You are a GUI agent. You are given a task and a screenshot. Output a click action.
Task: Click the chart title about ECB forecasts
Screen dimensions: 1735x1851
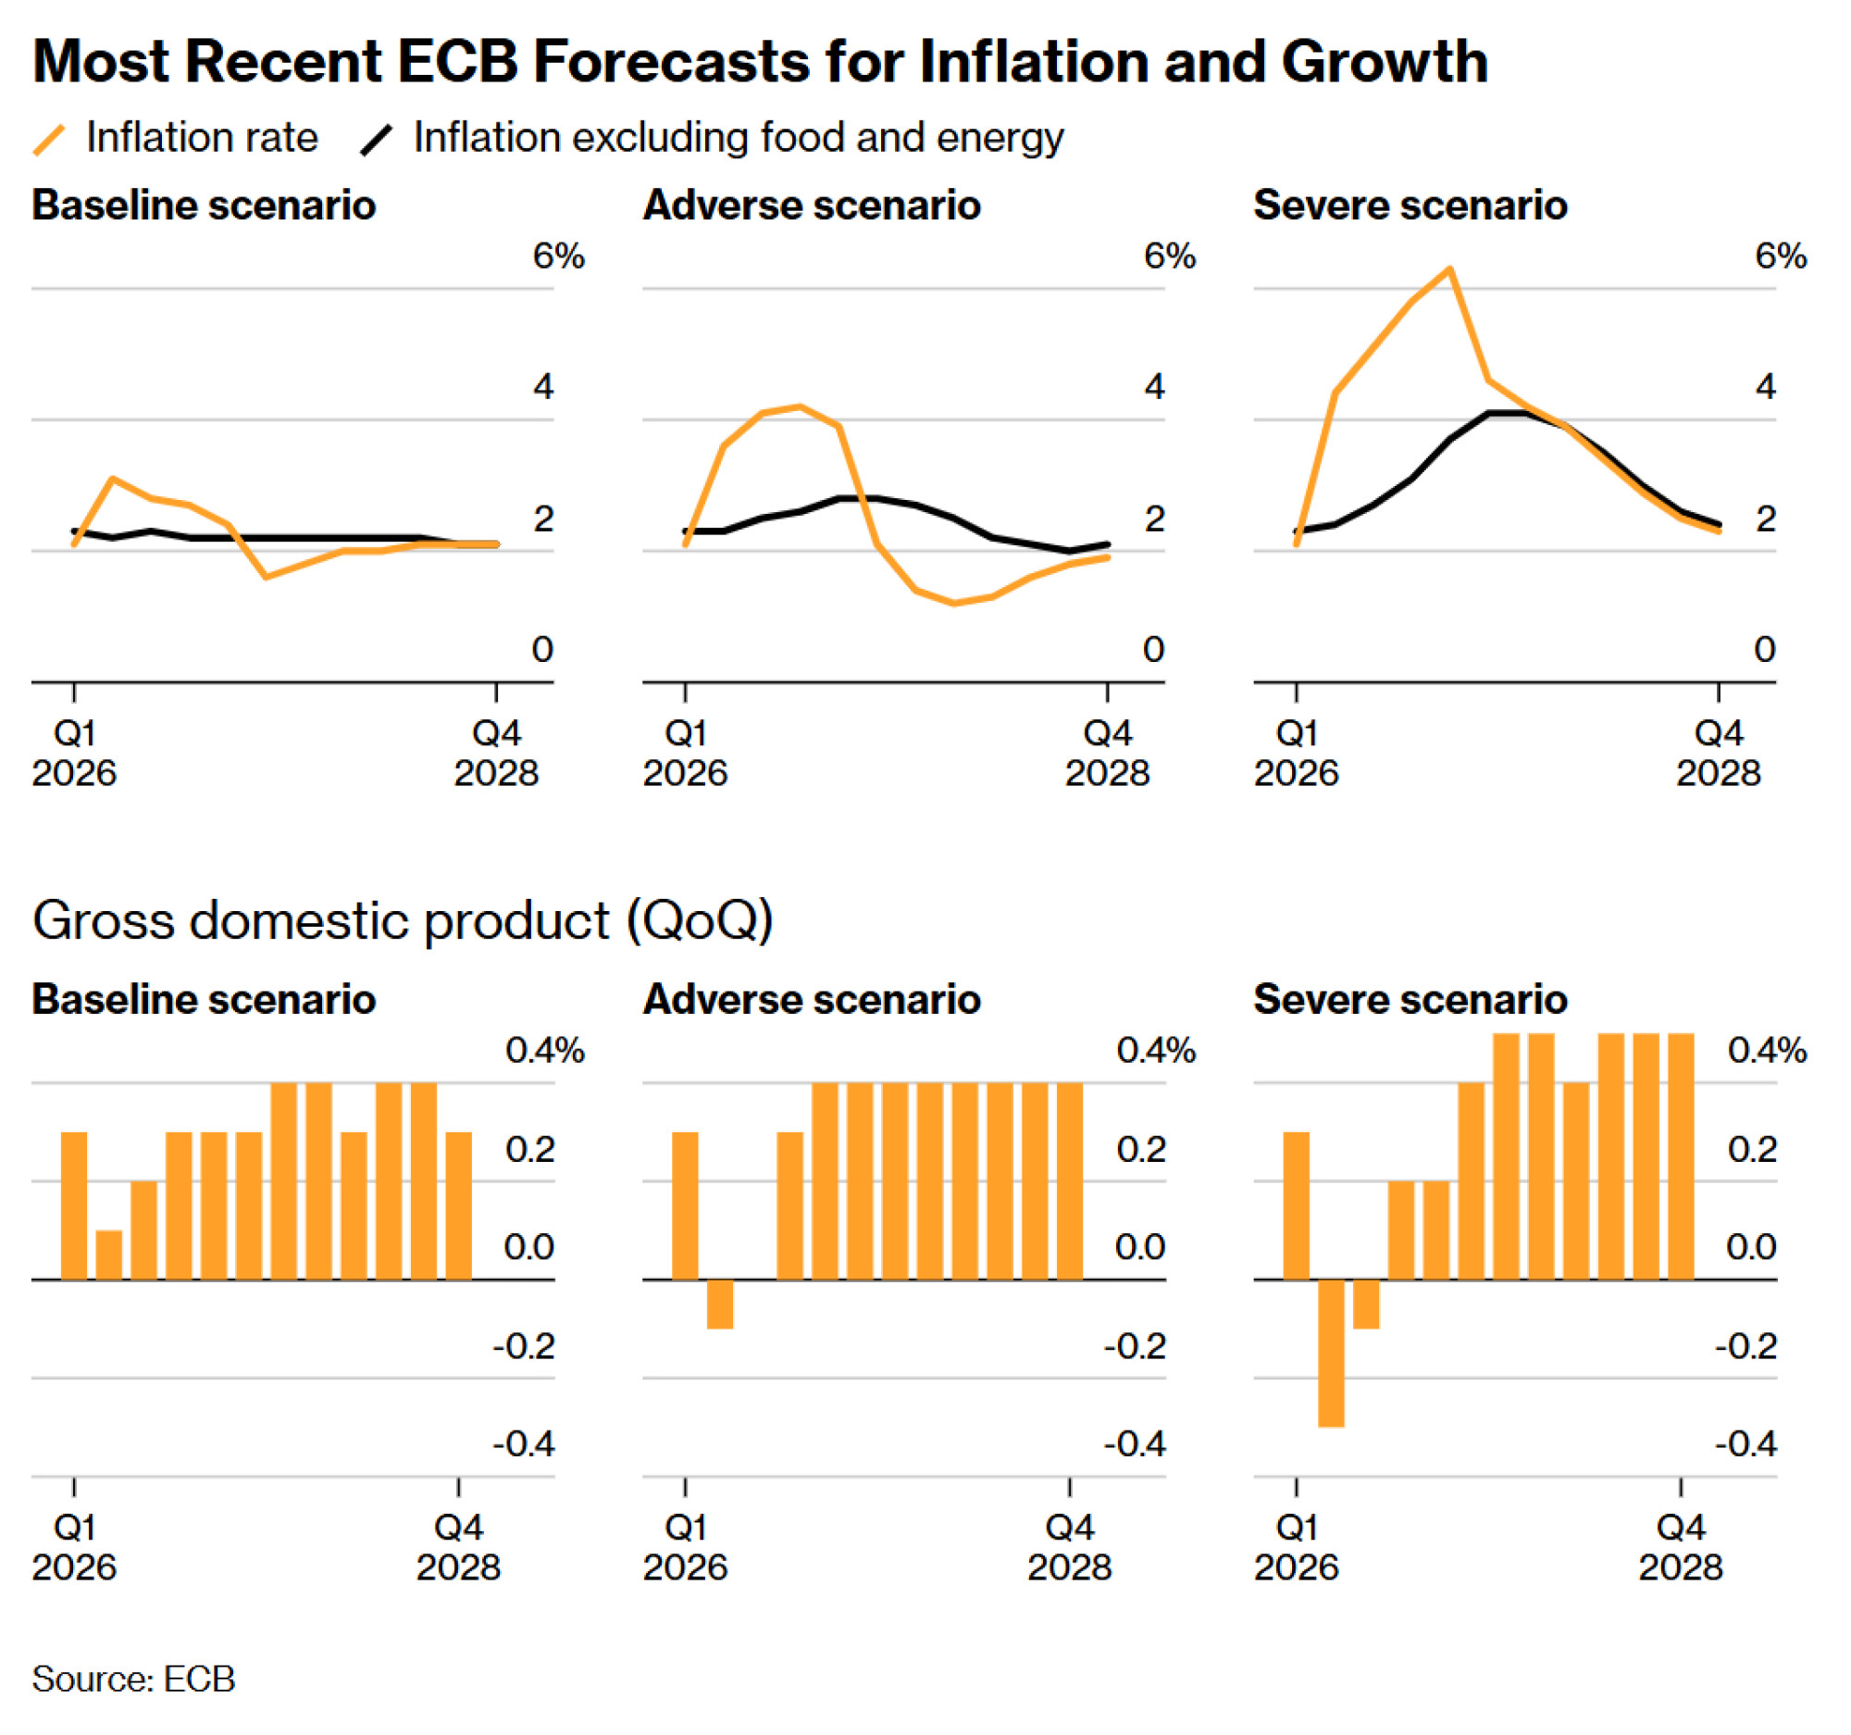click(x=760, y=61)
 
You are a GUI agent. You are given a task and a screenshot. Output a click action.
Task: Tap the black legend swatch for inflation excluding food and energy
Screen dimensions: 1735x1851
click(x=376, y=140)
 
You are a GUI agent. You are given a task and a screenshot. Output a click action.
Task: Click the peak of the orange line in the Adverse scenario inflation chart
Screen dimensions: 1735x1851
click(x=801, y=406)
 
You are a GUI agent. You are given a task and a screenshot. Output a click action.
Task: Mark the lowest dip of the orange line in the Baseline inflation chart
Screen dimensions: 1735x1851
click(x=267, y=577)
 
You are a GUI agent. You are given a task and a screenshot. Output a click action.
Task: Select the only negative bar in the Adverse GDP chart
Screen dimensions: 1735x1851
click(x=720, y=1303)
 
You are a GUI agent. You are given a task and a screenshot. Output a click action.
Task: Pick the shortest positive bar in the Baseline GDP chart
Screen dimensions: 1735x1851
click(x=109, y=1254)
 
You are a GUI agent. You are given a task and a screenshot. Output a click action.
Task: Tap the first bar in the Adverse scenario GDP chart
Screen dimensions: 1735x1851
click(x=685, y=1205)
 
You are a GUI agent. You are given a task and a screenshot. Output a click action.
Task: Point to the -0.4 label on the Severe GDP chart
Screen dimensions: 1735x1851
click(x=1745, y=1443)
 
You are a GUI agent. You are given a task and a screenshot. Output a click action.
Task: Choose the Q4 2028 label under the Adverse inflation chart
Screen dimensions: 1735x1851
click(x=1107, y=754)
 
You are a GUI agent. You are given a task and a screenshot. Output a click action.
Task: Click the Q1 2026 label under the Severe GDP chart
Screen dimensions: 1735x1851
click(x=1296, y=1547)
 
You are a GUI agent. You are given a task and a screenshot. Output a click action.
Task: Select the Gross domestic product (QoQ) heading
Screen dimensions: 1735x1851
click(x=403, y=920)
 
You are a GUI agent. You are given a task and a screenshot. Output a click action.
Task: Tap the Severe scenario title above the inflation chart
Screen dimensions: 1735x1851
click(x=1410, y=205)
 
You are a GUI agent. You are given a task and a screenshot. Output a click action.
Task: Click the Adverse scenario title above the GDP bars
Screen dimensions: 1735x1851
click(x=811, y=999)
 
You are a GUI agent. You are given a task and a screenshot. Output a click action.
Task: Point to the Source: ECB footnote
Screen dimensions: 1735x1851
click(x=133, y=1679)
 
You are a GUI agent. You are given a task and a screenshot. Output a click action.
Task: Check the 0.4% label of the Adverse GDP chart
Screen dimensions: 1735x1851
click(x=1155, y=1051)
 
